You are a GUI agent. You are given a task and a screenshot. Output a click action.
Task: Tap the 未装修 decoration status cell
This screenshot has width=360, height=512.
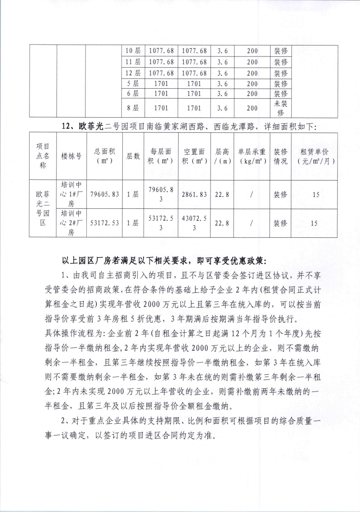280,108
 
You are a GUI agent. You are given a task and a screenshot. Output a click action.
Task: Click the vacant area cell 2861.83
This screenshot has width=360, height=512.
194,194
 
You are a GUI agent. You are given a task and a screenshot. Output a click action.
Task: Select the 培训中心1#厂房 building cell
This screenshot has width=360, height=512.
72,194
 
